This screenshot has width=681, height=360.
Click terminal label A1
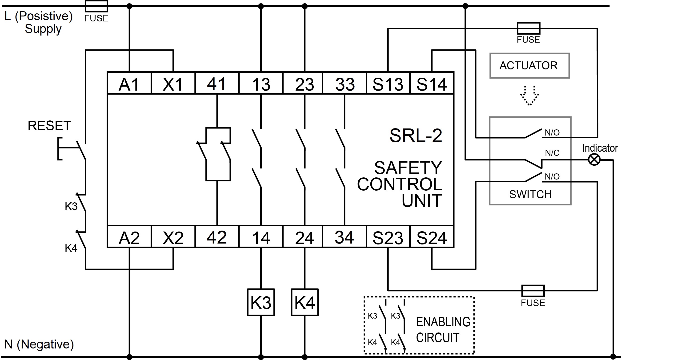(129, 84)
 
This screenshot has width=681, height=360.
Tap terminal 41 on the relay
(217, 83)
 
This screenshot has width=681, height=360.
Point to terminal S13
(388, 83)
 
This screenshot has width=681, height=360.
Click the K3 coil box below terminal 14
(261, 302)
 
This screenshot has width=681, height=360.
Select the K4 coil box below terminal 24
(305, 302)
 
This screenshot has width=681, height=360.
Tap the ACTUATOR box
(529, 66)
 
